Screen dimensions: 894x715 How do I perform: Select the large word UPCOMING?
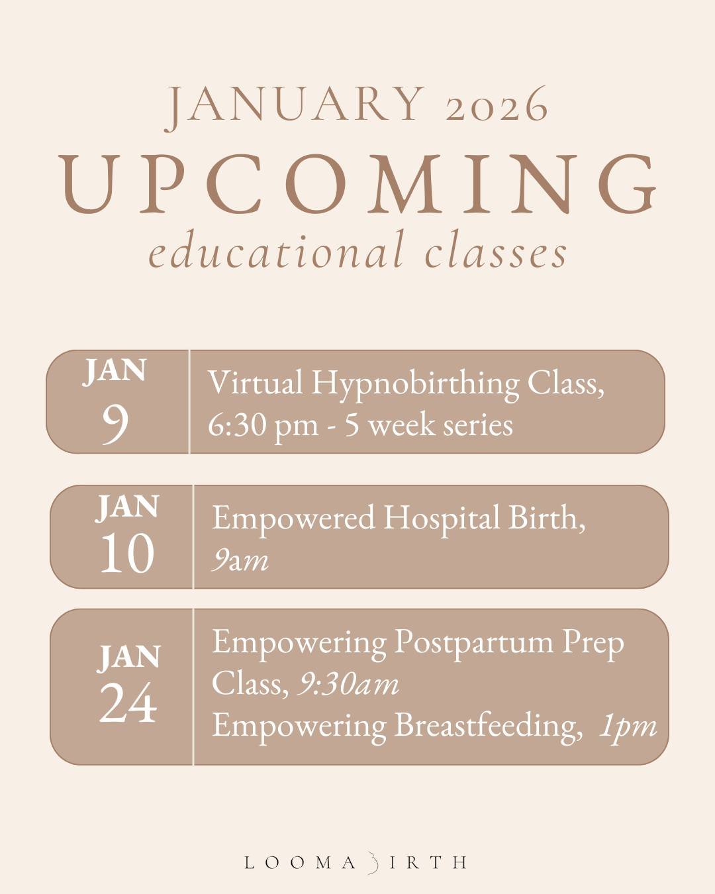click(358, 183)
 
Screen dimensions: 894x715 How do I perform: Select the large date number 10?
click(127, 554)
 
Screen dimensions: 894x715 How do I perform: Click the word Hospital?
click(442, 518)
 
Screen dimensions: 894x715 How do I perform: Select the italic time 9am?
click(240, 560)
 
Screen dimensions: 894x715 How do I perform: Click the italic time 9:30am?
click(348, 683)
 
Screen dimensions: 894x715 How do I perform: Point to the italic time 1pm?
click(627, 726)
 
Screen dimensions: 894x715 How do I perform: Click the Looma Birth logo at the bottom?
click(356, 862)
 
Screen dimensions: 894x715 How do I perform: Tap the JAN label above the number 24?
click(130, 657)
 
